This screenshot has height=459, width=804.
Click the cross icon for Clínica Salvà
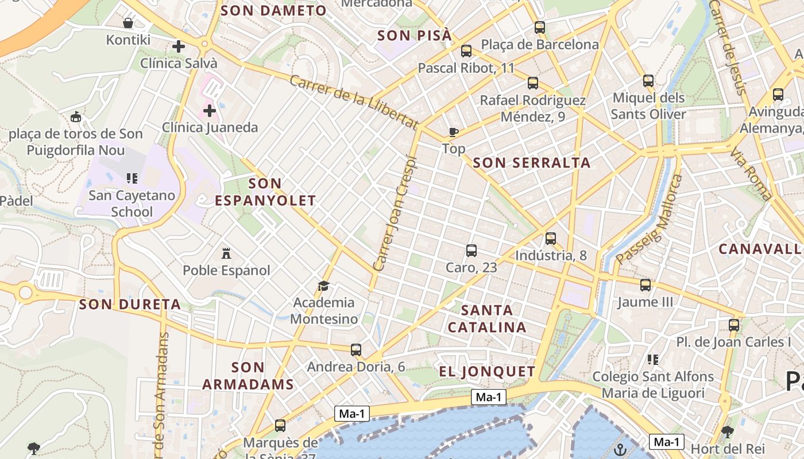pos(179,46)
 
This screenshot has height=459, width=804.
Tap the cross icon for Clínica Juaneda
pos(210,110)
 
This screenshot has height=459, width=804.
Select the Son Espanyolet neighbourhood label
pos(265,192)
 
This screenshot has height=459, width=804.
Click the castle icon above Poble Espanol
pos(226,253)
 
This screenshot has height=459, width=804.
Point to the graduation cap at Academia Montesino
pos(324,286)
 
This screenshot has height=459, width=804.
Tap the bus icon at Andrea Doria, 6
pos(356,349)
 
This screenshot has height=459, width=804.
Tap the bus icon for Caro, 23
pos(471,251)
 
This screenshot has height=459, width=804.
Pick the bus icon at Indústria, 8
pos(551,238)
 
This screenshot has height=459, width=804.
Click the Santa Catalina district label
pos(487,319)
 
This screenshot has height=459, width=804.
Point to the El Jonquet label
pos(487,372)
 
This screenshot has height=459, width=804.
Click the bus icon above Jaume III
pos(645,285)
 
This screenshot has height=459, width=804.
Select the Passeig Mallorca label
pos(650,219)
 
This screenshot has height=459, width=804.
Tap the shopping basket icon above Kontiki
pos(128,24)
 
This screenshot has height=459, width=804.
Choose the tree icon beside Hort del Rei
pos(728,431)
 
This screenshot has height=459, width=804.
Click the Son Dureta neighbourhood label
pos(130,305)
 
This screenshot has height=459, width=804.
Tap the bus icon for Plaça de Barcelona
pos(540,27)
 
